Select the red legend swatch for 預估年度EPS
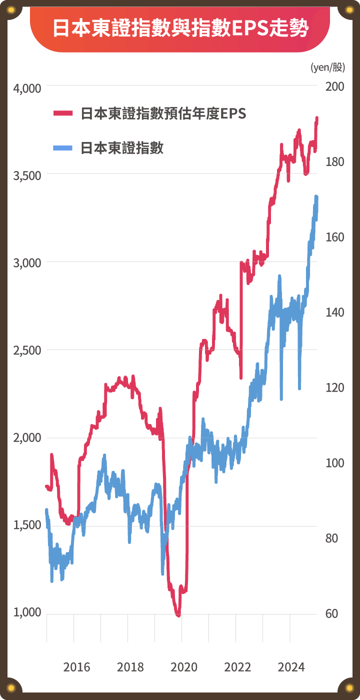[x=63, y=113]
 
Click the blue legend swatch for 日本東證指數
[x=63, y=147]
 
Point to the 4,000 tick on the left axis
[x=27, y=88]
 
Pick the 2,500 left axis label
[x=27, y=350]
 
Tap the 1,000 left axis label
[x=27, y=613]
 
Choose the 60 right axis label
[x=332, y=613]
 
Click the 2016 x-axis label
[x=77, y=667]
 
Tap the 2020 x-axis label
[x=184, y=667]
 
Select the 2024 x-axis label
[x=291, y=667]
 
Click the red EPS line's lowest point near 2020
[x=178, y=615]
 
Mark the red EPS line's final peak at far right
[x=317, y=118]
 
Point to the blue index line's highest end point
[x=316, y=196]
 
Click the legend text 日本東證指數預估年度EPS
[x=163, y=113]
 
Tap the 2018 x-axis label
[x=130, y=667]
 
